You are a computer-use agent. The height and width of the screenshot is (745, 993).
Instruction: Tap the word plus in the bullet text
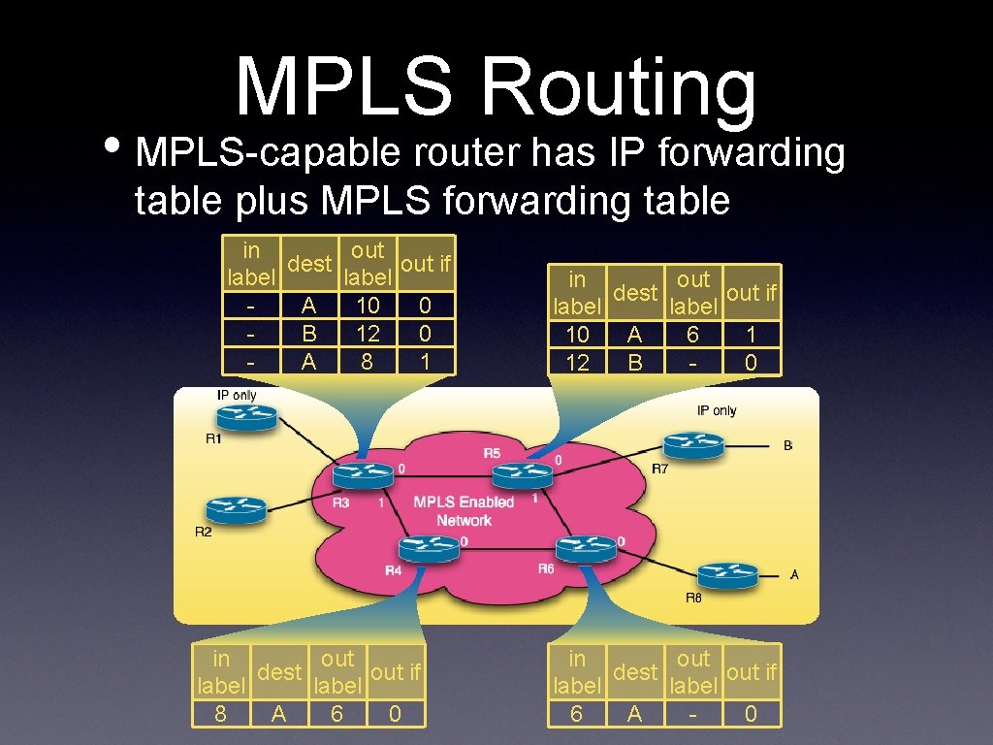[270, 201]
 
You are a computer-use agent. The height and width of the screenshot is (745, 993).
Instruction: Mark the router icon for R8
[726, 574]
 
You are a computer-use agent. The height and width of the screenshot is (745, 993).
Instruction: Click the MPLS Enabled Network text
[464, 511]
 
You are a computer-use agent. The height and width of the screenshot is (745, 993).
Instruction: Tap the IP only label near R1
[237, 395]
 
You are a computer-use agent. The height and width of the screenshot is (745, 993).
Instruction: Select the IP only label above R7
[717, 410]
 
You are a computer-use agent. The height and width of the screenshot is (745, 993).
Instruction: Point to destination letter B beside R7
[787, 445]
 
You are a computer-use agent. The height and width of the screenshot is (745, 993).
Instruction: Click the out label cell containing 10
[368, 306]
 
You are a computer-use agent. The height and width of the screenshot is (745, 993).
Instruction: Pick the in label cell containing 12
[577, 363]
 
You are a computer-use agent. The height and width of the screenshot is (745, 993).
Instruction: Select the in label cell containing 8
[221, 714]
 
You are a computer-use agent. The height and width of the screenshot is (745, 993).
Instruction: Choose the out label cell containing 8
[368, 362]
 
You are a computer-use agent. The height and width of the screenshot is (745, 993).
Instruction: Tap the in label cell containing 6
[577, 714]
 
